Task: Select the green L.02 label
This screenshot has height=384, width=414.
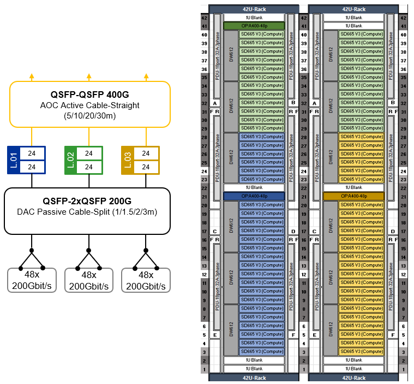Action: tap(71, 160)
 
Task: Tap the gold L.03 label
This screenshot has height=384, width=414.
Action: tap(128, 160)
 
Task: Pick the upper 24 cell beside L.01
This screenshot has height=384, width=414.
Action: tap(32, 153)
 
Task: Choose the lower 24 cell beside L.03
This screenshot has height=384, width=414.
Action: tap(146, 167)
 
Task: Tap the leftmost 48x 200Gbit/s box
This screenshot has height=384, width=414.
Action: tap(32, 280)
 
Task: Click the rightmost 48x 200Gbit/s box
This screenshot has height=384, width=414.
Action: tap(146, 280)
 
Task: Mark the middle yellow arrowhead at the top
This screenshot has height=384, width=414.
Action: tap(89, 76)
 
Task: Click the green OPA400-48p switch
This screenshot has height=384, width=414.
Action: tap(254, 26)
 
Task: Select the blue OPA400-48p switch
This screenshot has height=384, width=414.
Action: tap(254, 196)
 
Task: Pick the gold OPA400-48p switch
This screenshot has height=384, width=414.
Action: tap(353, 196)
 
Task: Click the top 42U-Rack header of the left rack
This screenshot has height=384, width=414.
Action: tap(254, 9)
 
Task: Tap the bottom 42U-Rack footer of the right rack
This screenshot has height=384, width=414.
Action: tap(353, 377)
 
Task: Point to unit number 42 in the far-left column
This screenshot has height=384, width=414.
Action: tap(205, 17)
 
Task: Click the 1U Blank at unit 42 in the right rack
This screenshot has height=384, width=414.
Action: tap(353, 17)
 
